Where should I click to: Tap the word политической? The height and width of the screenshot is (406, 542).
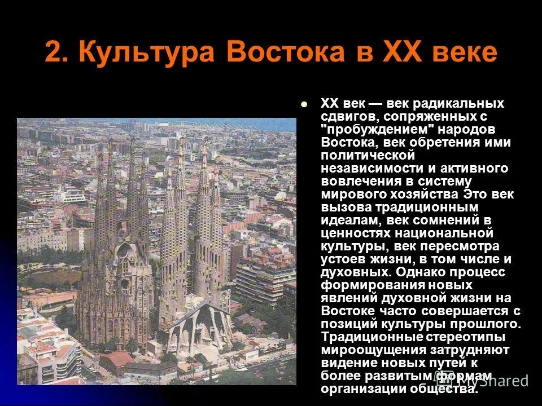point(368,155)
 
